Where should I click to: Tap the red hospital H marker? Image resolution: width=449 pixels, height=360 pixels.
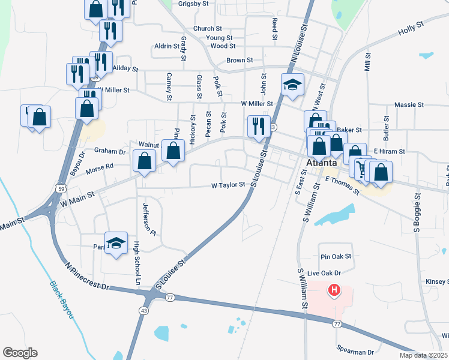coord(334,292)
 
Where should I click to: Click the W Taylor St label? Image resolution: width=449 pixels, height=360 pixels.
coord(228,185)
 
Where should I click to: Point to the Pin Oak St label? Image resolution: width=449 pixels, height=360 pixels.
coord(336,256)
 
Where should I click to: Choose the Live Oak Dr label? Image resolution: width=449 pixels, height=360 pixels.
coord(324,274)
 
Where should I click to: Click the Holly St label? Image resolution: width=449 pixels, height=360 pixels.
coord(411,26)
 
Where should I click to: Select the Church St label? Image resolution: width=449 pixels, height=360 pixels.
coord(208,29)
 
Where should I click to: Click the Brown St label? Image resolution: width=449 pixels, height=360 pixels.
coord(240,61)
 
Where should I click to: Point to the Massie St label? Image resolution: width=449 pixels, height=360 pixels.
coord(409,105)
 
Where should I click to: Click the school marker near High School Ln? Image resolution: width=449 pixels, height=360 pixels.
coord(116,244)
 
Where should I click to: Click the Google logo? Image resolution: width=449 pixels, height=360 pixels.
coord(20,353)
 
